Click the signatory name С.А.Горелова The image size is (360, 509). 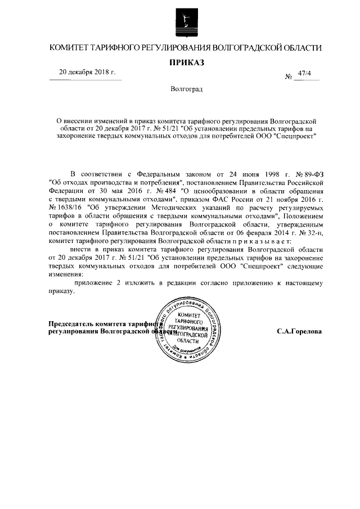click(x=299, y=332)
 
